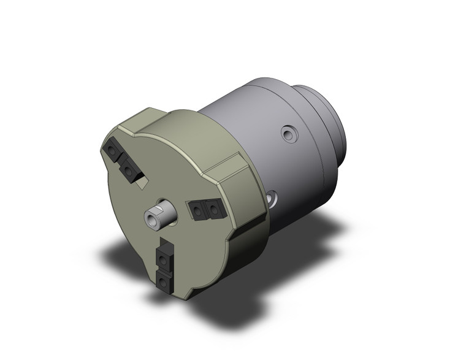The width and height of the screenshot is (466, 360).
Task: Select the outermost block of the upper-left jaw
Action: (x=113, y=150)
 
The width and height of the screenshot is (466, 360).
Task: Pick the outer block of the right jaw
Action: (x=213, y=209)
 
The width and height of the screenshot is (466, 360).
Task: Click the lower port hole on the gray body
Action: (x=272, y=197)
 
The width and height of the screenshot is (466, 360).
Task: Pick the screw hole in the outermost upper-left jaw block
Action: (x=112, y=150)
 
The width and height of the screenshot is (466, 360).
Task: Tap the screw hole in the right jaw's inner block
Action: (x=197, y=212)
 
